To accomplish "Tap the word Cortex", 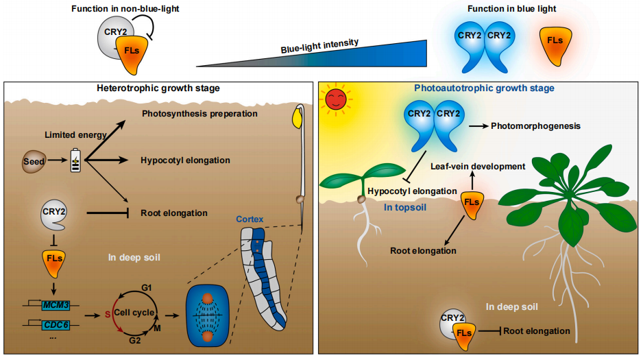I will click(250, 219).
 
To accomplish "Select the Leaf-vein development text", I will click(478, 166).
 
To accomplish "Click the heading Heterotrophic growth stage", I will click(159, 88).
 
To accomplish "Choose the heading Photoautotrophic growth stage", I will click(484, 88).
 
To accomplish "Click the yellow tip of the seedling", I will click(299, 118).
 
